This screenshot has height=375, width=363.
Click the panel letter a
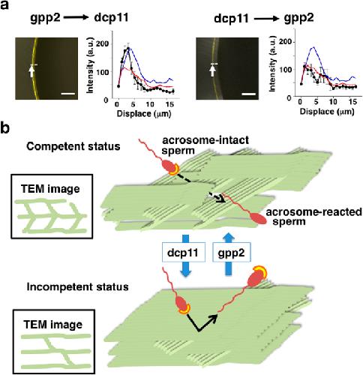coord(4,5)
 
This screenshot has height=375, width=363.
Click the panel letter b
coord(5,128)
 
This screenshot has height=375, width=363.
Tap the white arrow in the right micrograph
coord(212,70)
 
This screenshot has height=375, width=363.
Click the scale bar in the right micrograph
coord(249,94)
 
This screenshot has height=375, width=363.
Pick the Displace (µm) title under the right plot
coord(327,112)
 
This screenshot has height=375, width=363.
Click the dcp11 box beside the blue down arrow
coord(184,252)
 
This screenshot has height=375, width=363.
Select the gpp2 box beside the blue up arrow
coord(231,252)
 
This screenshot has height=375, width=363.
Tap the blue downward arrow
coord(185,256)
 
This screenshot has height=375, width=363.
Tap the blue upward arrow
coord(228,254)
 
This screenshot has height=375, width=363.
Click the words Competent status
coord(73,146)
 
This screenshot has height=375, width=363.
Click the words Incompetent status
coord(77,286)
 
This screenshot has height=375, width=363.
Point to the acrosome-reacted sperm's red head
coord(258,218)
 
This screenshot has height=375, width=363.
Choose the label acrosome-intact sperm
coord(205,145)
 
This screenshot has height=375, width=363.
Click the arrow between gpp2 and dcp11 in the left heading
coord(76,18)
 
